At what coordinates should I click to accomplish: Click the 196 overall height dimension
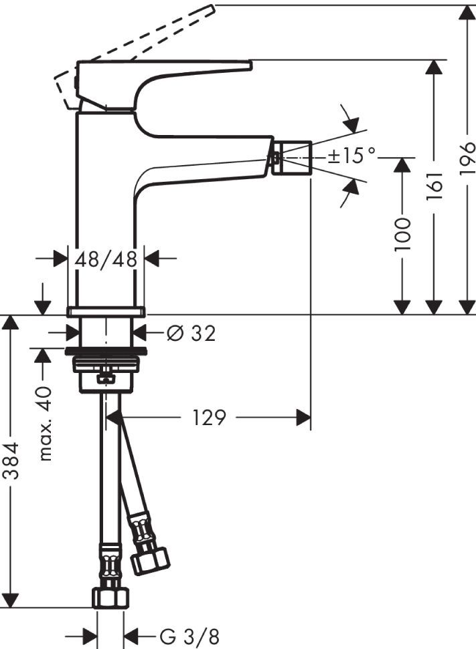467,159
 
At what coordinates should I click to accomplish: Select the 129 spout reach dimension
209,418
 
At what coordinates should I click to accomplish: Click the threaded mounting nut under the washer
106,364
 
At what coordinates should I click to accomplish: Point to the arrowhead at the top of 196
467,13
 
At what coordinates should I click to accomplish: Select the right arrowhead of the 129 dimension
304,418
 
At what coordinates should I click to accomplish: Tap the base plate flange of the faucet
106,311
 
